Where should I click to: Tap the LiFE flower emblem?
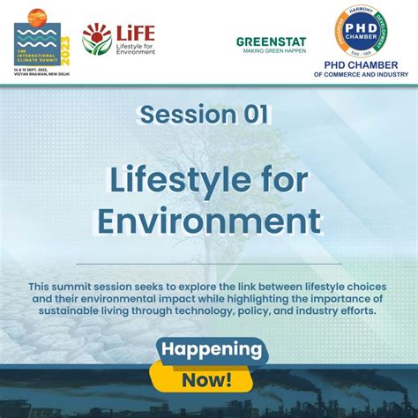[96, 39]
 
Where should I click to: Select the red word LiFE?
[134, 33]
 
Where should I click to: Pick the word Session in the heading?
[183, 114]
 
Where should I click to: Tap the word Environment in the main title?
[209, 220]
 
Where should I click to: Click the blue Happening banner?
[211, 350]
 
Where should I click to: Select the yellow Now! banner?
[208, 380]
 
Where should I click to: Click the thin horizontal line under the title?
[208, 264]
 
